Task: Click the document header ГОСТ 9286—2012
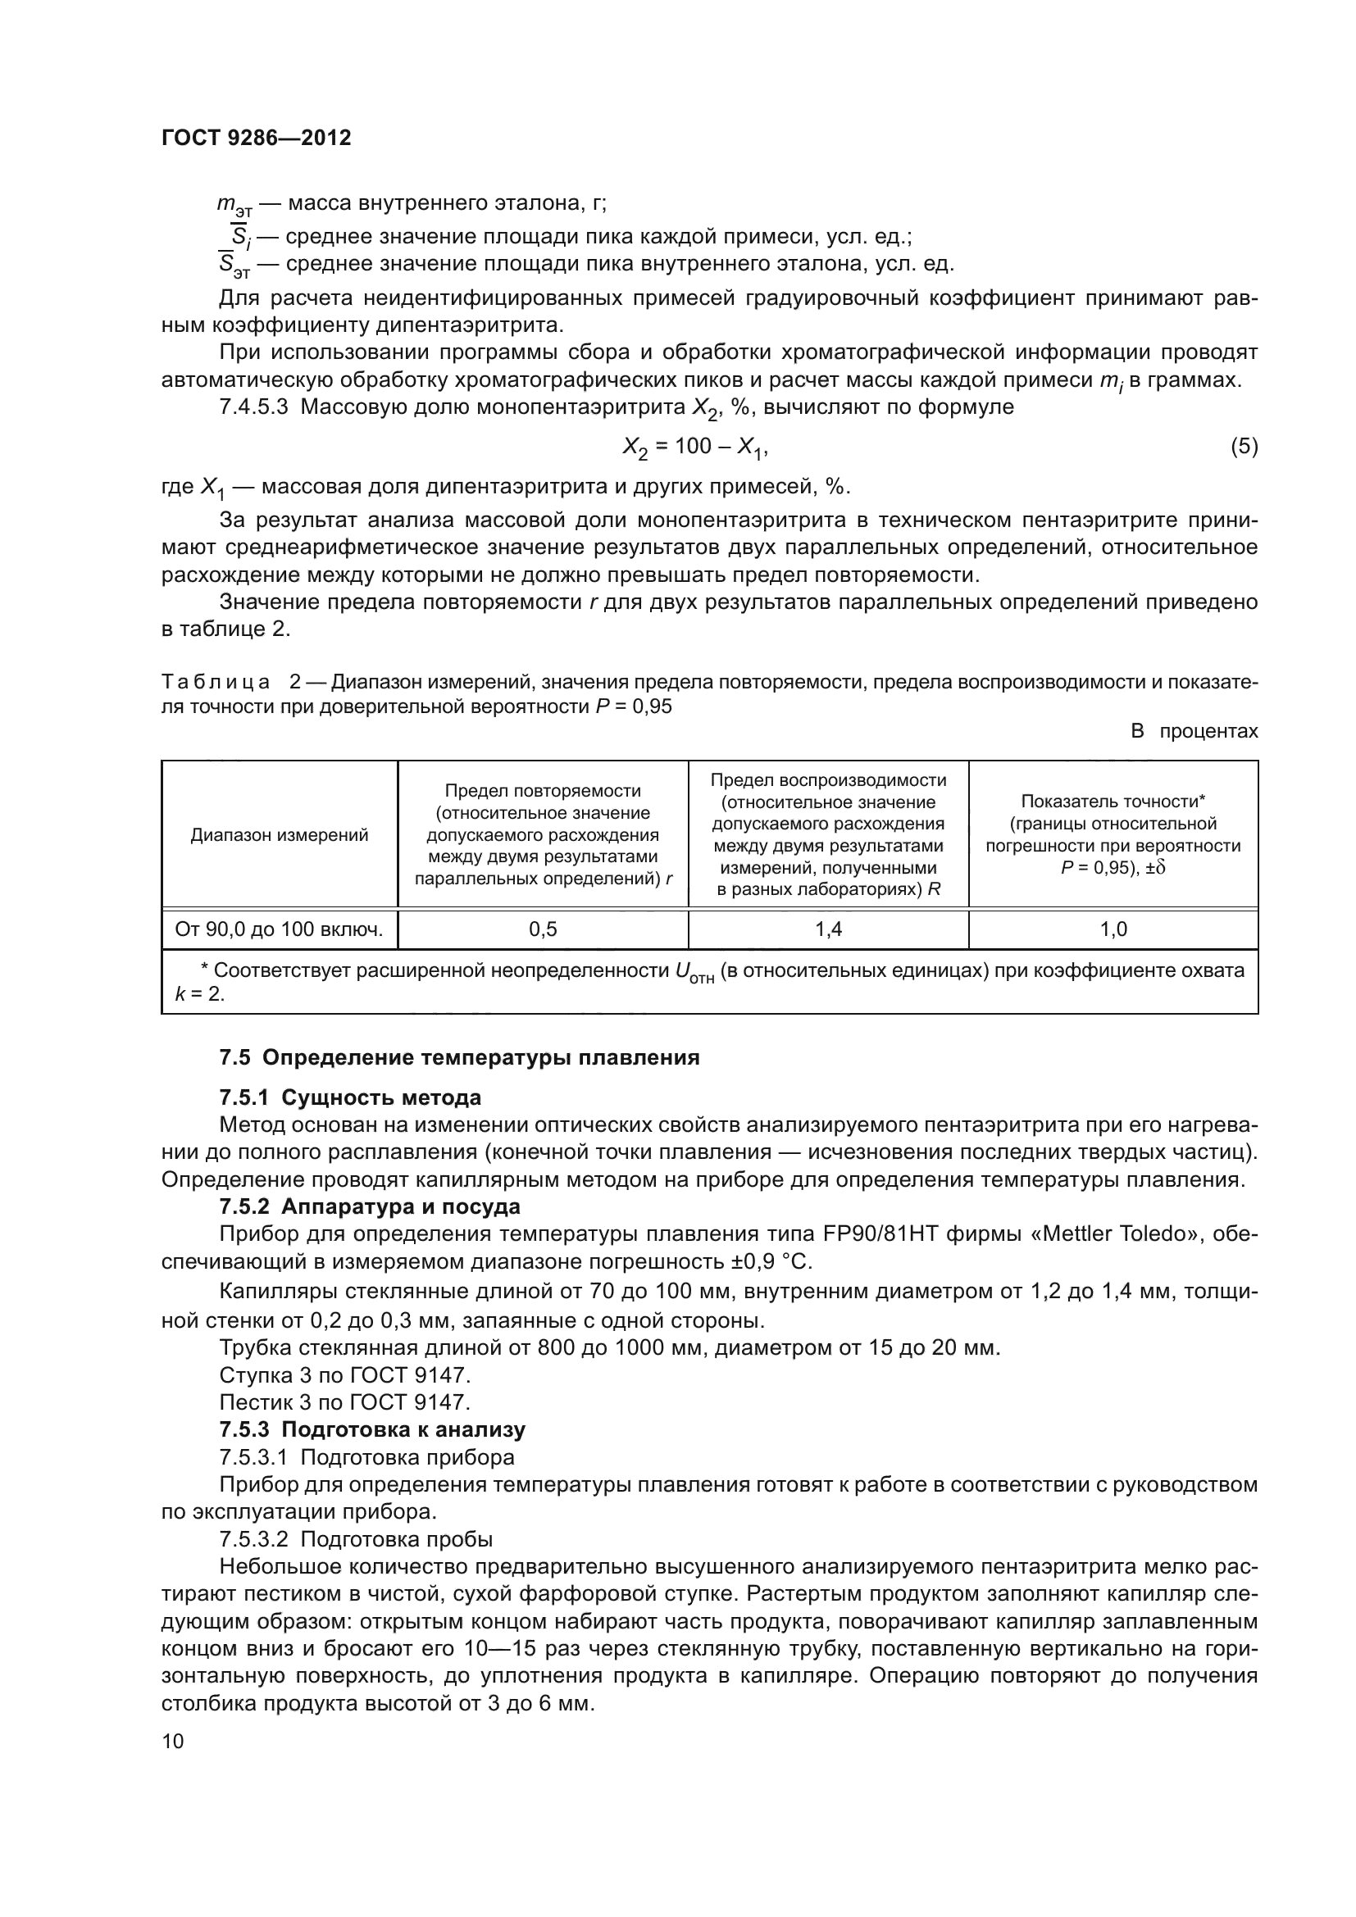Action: (x=256, y=138)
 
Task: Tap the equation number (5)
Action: (x=1244, y=447)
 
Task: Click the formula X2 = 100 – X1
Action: (x=694, y=447)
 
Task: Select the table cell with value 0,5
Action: (x=543, y=929)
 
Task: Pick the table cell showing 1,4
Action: (x=828, y=929)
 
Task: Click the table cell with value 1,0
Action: (x=1113, y=929)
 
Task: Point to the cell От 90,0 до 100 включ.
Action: (x=279, y=929)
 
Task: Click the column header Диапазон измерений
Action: (x=279, y=835)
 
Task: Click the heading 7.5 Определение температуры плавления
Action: (x=459, y=1058)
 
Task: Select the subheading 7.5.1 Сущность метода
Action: (x=350, y=1097)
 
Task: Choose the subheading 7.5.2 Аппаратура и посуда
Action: (x=369, y=1206)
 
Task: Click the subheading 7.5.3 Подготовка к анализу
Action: (x=372, y=1429)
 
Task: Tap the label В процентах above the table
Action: (x=1194, y=731)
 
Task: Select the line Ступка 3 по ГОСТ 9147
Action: (x=345, y=1374)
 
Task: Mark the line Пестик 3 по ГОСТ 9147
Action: (x=345, y=1401)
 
